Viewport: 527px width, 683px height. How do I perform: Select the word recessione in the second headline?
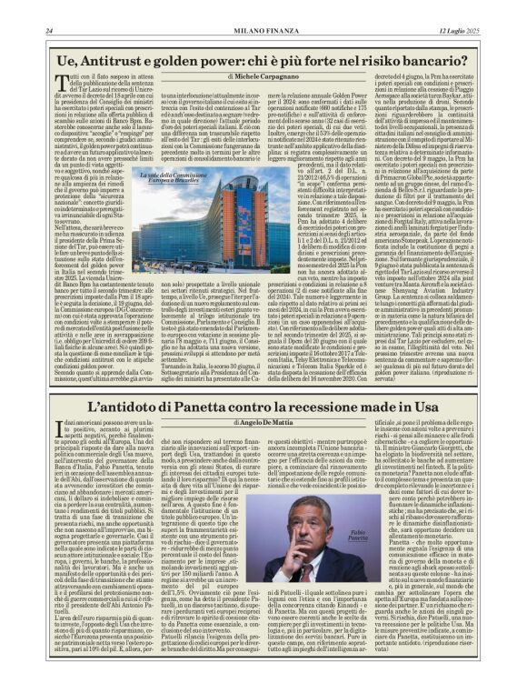point(320,409)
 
